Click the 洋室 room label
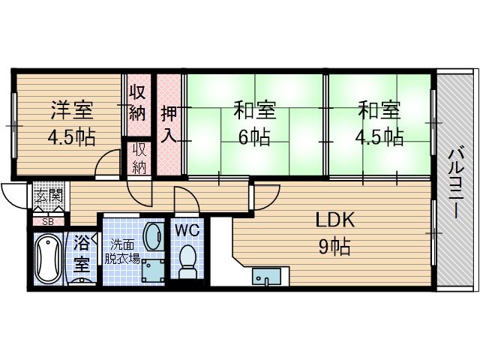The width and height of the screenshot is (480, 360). pos(72,110)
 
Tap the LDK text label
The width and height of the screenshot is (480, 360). pos(335,220)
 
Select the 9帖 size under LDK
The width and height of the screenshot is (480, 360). pos(334,247)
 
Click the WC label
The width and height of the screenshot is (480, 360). pos(187,230)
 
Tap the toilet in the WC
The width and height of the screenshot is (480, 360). pos(187,262)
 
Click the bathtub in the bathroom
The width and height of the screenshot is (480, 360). pos(48,259)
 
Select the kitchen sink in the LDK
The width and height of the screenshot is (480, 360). pos(266,277)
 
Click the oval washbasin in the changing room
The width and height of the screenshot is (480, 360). pos(152,237)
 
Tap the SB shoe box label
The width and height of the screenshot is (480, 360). pos(48,222)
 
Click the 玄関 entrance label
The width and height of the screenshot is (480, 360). pos(48,195)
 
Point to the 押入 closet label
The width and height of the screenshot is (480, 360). pos(169,124)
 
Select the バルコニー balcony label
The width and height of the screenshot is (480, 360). pos(456,183)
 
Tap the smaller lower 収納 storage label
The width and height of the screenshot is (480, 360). pos(139,158)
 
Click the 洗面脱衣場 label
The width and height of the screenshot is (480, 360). pos(122,252)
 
